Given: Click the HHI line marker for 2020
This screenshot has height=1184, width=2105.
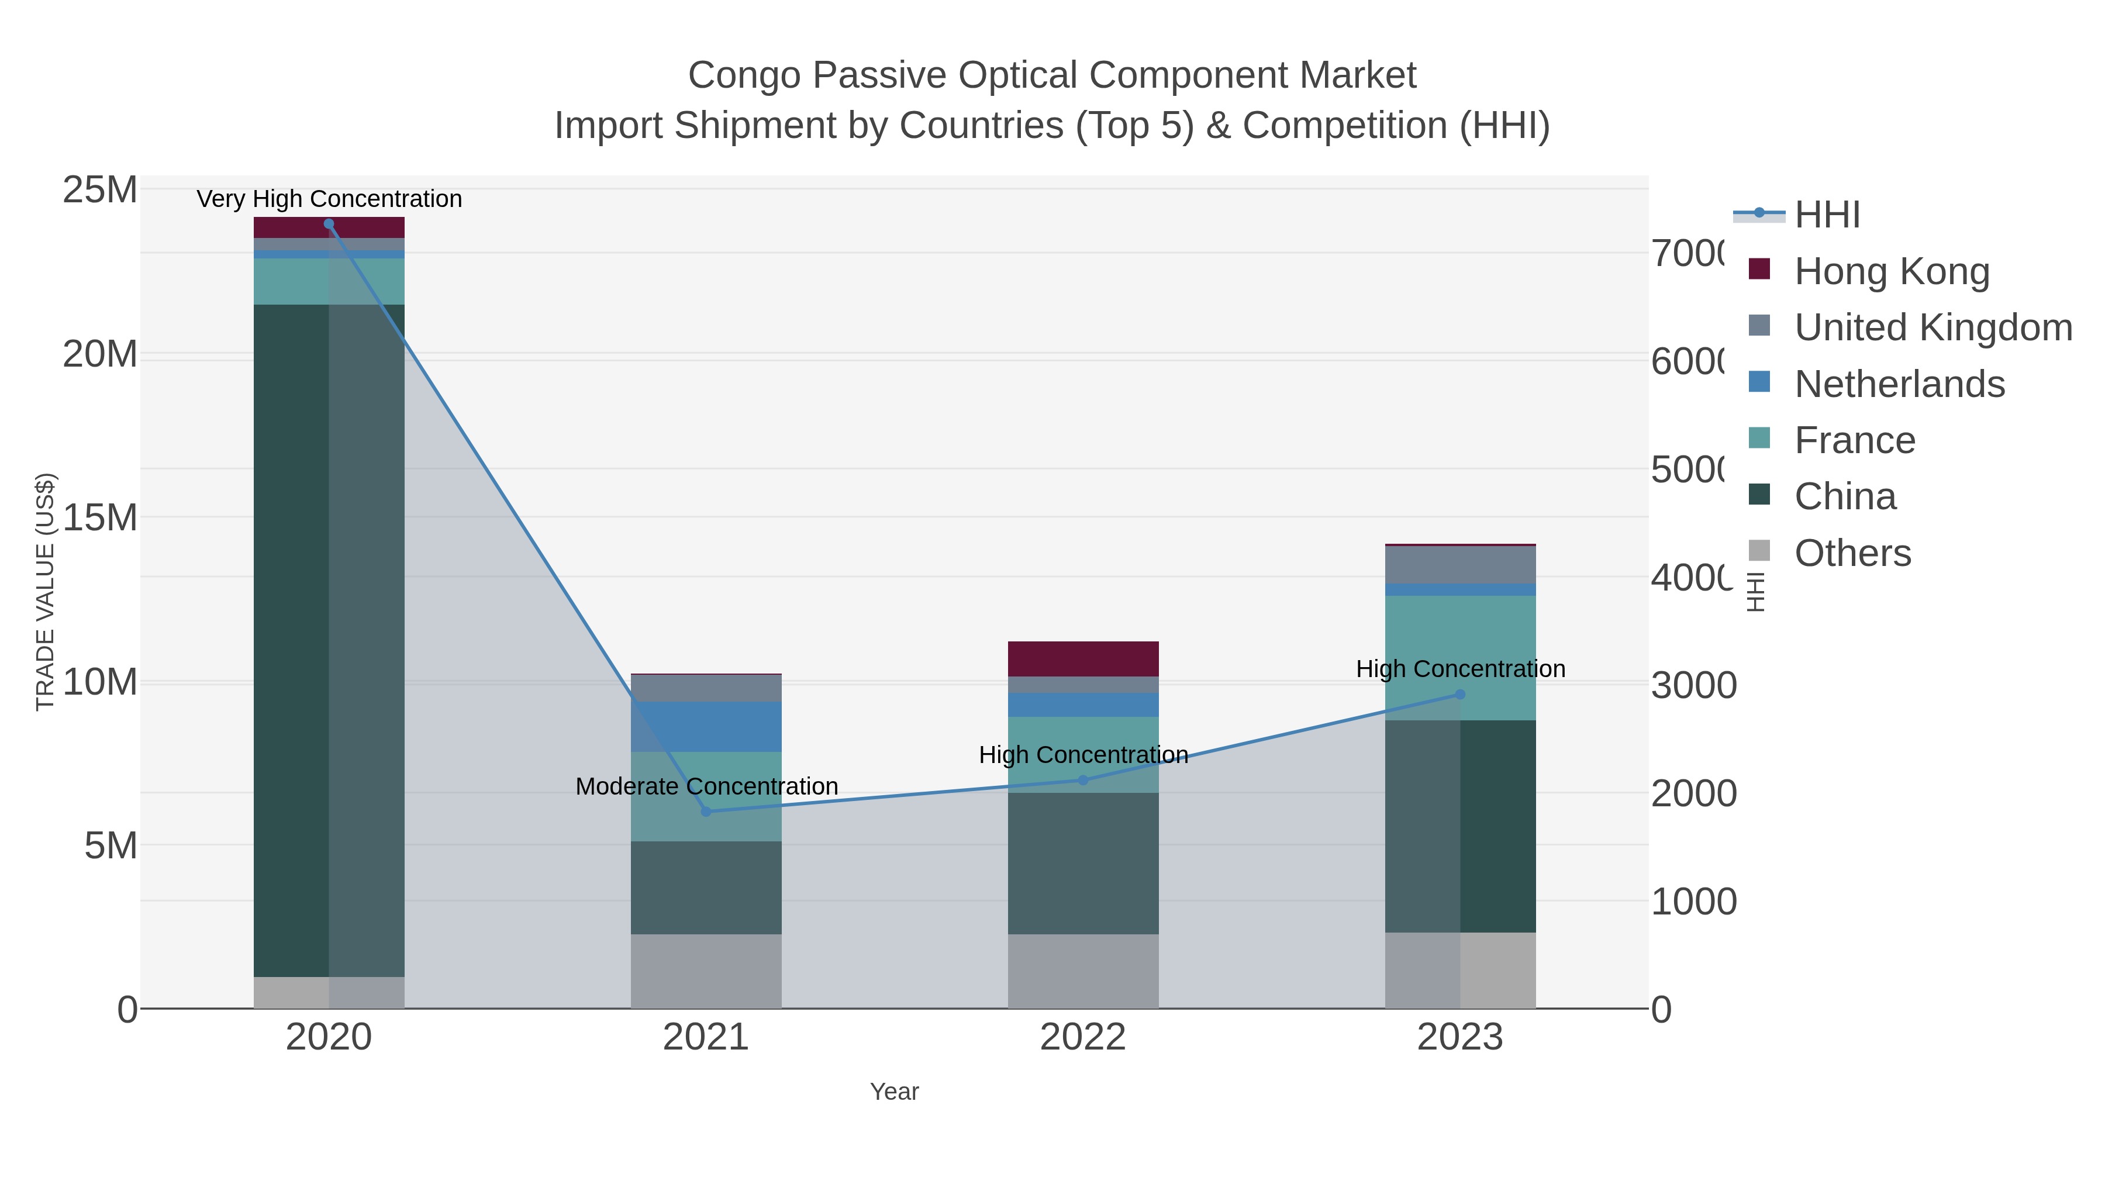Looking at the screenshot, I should click(x=329, y=224).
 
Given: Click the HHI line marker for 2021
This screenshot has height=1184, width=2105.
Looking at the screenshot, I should click(x=706, y=812).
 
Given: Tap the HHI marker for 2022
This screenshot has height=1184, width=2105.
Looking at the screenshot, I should click(x=1083, y=781).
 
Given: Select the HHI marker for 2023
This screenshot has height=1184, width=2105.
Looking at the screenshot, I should click(x=1460, y=695).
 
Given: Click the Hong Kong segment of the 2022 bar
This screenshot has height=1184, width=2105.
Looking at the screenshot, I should click(x=1083, y=658).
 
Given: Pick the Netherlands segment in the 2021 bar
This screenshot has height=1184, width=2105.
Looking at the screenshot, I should click(x=706, y=726).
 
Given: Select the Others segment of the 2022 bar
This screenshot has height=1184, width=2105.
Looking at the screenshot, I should click(x=1083, y=971).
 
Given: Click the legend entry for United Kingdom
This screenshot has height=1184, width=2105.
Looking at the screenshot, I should click(x=1933, y=327).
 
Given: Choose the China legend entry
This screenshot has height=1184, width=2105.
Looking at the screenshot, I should click(x=1844, y=497).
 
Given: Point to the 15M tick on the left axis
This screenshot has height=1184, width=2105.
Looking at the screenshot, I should click(x=99, y=517).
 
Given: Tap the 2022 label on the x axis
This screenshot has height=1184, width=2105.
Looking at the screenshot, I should click(x=1083, y=1037).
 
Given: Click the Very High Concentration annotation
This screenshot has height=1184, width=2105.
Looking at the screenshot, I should click(x=329, y=199).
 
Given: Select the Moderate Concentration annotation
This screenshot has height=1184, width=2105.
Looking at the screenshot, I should click(x=706, y=786).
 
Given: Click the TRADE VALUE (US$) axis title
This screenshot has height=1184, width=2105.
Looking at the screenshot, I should click(x=45, y=592).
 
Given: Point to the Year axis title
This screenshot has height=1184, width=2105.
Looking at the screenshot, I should click(x=894, y=1092).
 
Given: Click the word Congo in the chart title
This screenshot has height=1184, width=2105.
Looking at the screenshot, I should click(x=744, y=75).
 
